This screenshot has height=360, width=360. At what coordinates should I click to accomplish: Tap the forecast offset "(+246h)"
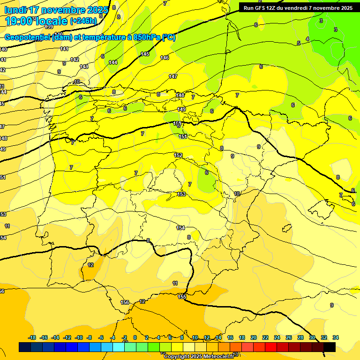pos(83,21)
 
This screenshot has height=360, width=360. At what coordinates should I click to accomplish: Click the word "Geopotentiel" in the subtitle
pos(25,37)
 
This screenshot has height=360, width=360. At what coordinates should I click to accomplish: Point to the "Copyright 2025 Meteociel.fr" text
pos(199,356)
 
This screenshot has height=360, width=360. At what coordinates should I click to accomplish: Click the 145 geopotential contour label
pos(145,54)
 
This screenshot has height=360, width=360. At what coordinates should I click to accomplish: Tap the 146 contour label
pos(164,58)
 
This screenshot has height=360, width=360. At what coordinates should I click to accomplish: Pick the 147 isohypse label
pos(173,76)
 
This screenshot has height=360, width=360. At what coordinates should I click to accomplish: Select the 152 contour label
pos(178,155)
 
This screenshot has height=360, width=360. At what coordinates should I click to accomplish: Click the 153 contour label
pos(181,194)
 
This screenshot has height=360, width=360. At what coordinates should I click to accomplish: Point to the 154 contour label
pos(180,228)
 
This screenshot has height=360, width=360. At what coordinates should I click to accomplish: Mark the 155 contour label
pos(182,297)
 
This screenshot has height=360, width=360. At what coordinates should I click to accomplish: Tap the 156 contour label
pos(125,302)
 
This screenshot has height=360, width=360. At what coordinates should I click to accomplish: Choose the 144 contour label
pos(113,62)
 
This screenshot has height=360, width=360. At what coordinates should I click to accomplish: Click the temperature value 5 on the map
pos(299,43)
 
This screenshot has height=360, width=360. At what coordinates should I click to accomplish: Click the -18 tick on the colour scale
pos(32,337)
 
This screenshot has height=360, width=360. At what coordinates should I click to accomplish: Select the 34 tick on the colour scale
pos(336,337)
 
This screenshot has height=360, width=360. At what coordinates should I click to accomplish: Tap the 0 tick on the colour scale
pos(135,337)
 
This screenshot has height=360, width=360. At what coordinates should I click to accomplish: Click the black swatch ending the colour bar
pos(330,347)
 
